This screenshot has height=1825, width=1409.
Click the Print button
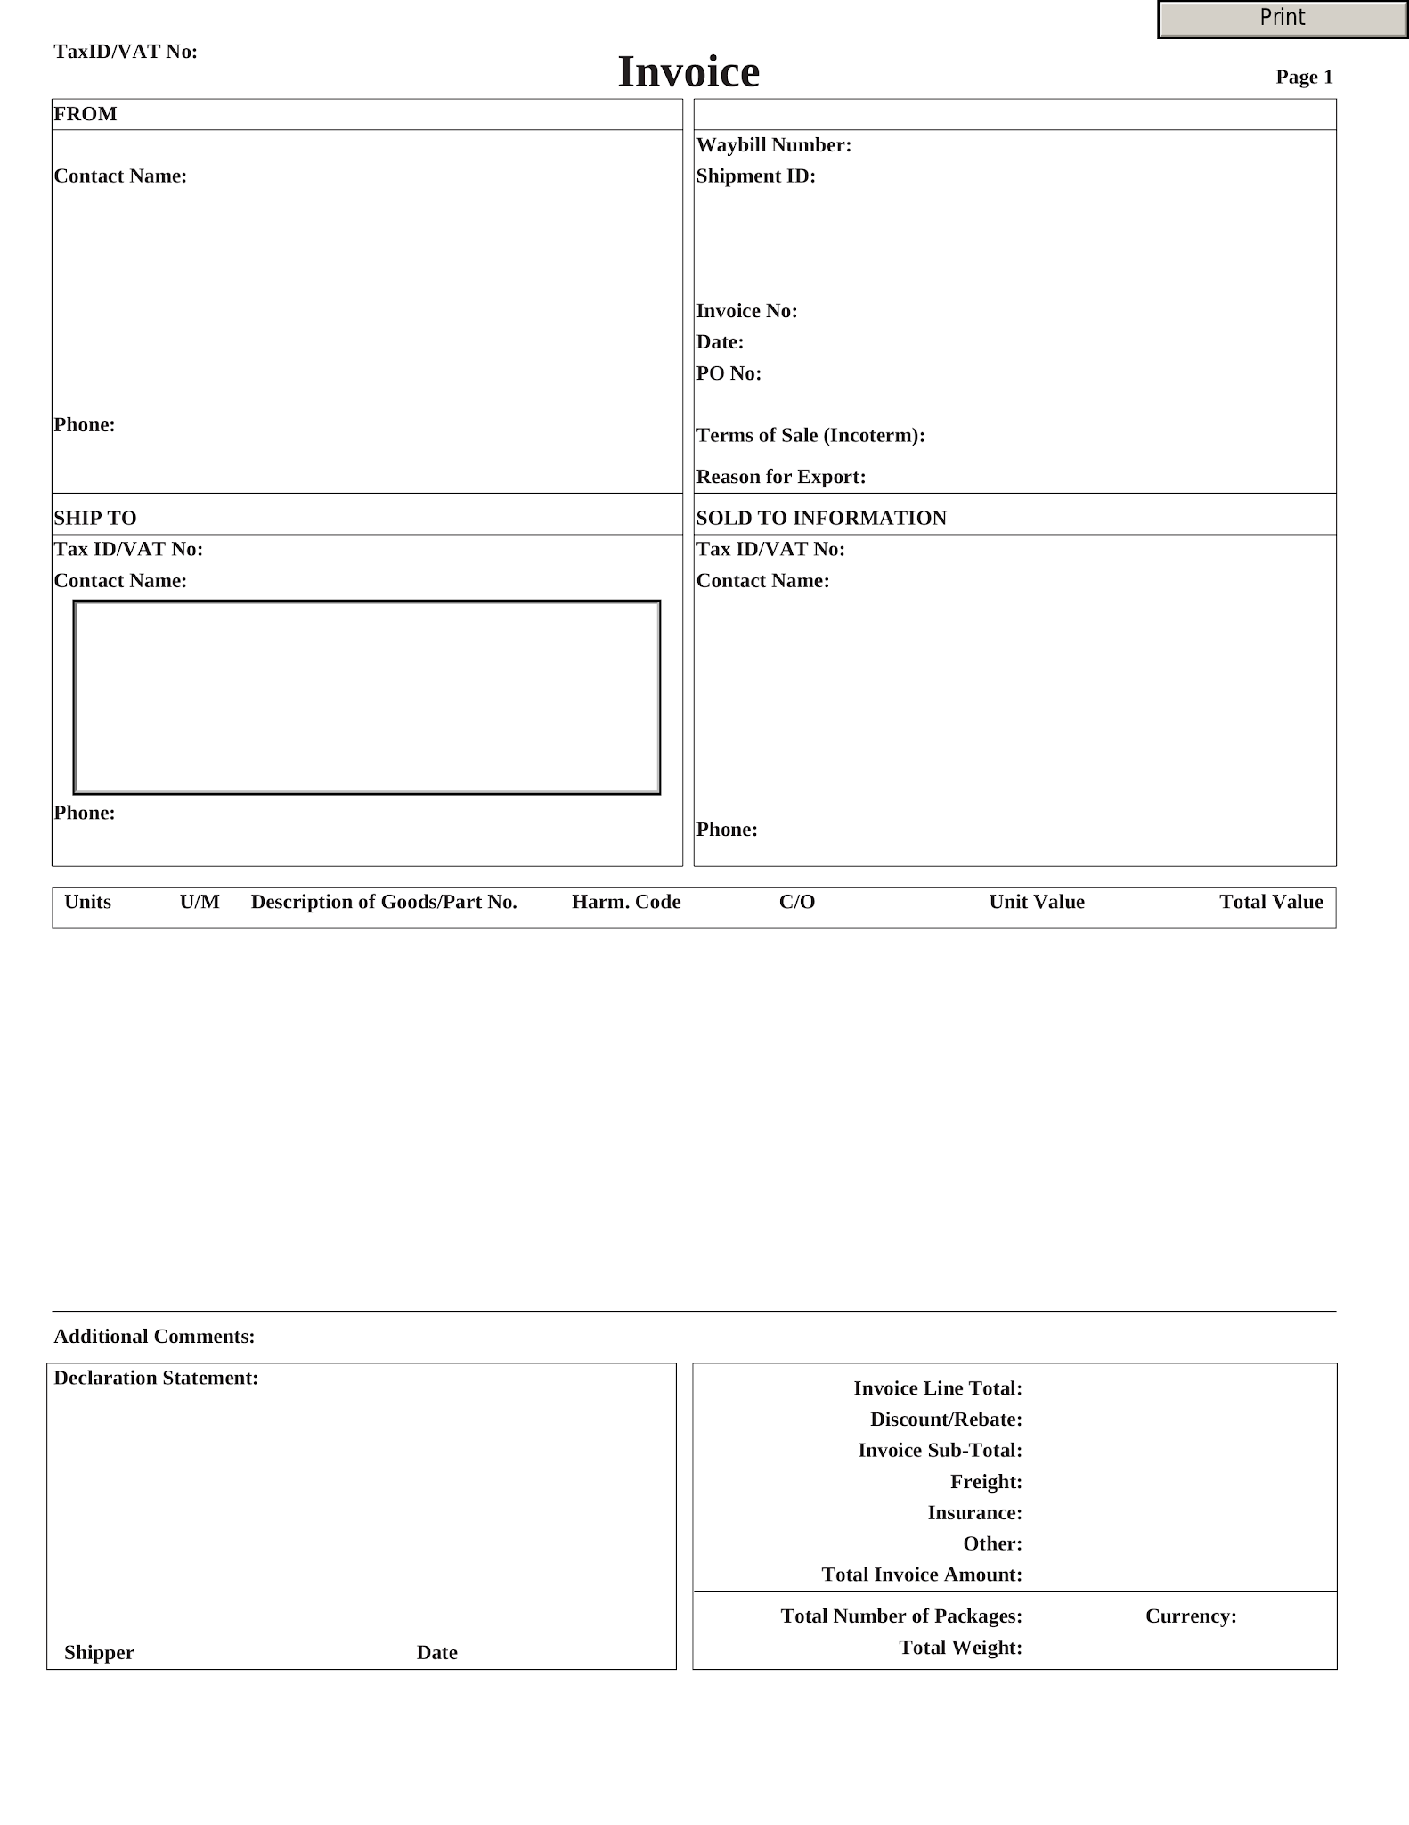pyautogui.click(x=1282, y=19)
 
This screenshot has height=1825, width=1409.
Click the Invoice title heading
pyautogui.click(x=688, y=72)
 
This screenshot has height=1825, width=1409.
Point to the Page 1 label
pyautogui.click(x=1304, y=78)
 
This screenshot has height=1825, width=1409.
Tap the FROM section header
pyautogui.click(x=86, y=114)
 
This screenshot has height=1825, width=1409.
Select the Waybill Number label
pyautogui.click(x=773, y=145)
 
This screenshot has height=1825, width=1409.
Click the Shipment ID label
pyautogui.click(x=755, y=176)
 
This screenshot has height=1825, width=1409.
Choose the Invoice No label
pyautogui.click(x=746, y=311)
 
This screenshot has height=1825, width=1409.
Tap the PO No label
pyautogui.click(x=729, y=373)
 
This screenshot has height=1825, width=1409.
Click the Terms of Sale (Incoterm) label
pyautogui.click(x=810, y=436)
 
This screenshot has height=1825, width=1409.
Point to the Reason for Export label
pyautogui.click(x=780, y=477)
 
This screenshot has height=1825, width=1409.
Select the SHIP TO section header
pyautogui.click(x=95, y=519)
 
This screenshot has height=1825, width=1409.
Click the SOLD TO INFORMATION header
pyautogui.click(x=821, y=519)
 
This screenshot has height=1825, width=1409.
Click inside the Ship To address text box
pyautogui.click(x=366, y=697)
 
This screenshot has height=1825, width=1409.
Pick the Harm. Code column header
pyautogui.click(x=626, y=902)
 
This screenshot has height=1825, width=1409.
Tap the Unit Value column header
pyautogui.click(x=1037, y=902)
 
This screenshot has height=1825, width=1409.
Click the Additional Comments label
pyautogui.click(x=154, y=1337)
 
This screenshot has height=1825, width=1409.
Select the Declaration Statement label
pyautogui.click(x=156, y=1379)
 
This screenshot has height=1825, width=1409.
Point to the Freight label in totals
pyautogui.click(x=986, y=1482)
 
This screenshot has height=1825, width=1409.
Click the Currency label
pyautogui.click(x=1191, y=1616)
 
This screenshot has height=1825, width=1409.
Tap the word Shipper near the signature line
pyautogui.click(x=99, y=1653)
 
